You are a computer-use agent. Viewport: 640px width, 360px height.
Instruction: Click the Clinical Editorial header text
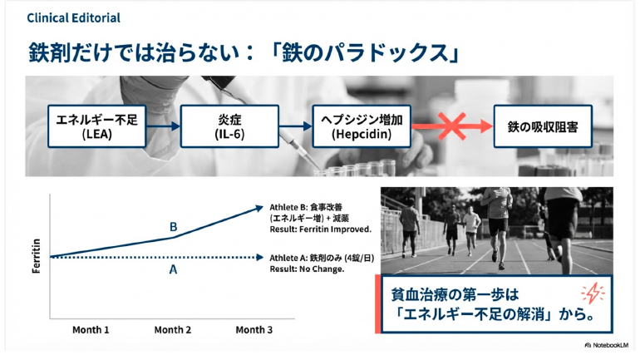73,17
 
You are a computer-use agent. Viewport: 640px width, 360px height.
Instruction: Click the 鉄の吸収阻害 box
543,126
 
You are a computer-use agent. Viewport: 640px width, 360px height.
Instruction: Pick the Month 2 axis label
173,330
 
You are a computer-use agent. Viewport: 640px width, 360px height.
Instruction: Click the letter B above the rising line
173,226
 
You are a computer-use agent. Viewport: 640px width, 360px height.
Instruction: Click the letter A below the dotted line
173,269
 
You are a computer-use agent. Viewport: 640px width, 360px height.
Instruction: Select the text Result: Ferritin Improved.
320,228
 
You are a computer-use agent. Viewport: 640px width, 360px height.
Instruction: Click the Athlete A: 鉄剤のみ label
320,258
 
